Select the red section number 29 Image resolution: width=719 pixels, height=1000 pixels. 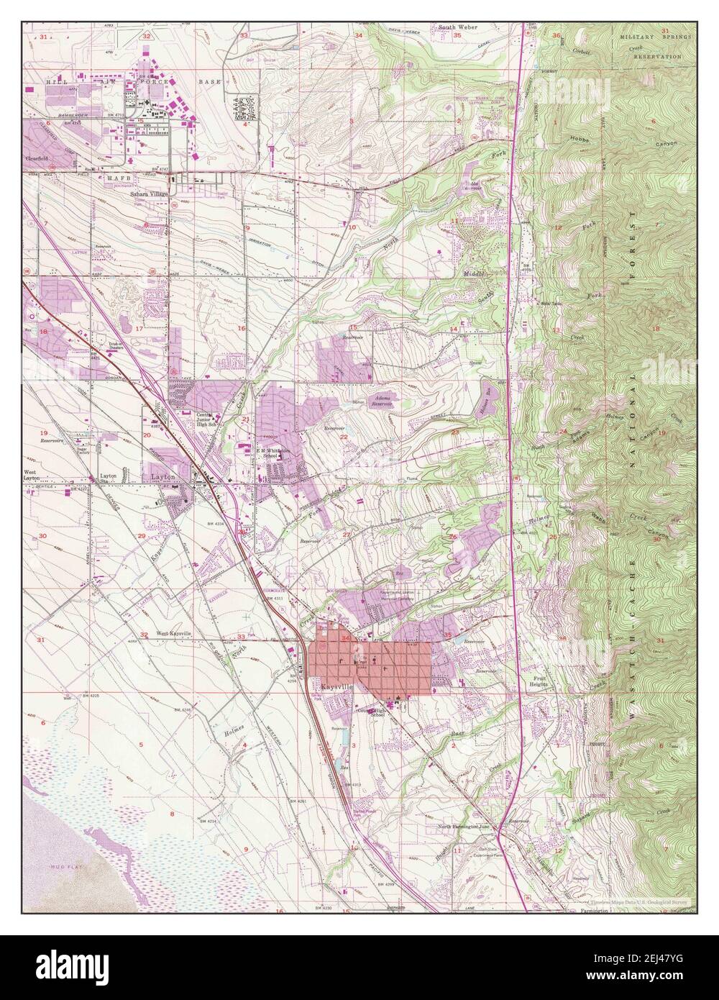pos(141,536)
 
